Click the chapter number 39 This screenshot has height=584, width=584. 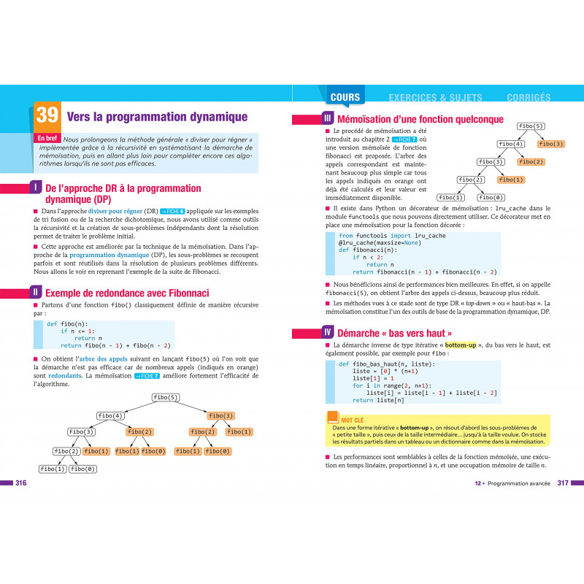(47, 116)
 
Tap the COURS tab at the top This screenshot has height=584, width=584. (345, 97)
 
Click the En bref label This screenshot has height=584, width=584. (47, 138)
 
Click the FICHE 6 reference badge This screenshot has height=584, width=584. (172, 212)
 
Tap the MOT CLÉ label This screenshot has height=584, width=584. (352, 420)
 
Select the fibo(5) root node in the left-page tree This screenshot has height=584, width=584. (166, 397)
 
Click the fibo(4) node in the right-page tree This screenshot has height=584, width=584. (511, 144)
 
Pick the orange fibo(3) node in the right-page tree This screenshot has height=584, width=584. (551, 144)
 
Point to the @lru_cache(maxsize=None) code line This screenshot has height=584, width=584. (383, 245)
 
